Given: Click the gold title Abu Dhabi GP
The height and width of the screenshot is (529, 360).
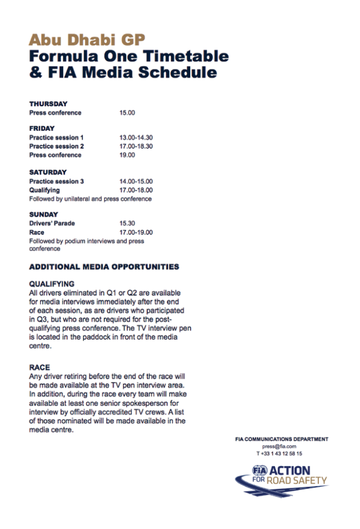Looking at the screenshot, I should coord(87,39).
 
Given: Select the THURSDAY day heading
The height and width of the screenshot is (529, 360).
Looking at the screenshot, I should coord(48,104).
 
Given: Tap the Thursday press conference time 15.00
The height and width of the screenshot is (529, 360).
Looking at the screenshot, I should coord(127,113).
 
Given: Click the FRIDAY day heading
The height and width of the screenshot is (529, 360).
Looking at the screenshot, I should coord(42,129).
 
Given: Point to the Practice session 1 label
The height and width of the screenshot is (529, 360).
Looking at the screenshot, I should coord(57,138).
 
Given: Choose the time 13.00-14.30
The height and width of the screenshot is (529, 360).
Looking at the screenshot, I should coord(136,138).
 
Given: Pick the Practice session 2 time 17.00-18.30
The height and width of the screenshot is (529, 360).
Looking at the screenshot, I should coord(136,146).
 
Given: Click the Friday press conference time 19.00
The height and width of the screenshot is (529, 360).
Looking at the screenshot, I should coord(127,155).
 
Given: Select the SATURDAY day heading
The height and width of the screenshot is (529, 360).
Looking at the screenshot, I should coord(48,172).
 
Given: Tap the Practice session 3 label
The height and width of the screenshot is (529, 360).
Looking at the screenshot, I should coord(57,181).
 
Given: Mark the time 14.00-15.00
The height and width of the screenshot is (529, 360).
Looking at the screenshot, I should coord(136,181).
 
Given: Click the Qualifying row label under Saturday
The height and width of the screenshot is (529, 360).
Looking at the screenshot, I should coord(44,190).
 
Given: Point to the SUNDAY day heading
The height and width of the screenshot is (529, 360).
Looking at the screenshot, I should coord(44,214).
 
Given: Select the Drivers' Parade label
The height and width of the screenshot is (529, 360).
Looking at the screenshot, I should coord(52,224).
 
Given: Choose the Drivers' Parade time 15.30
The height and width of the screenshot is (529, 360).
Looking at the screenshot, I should coord(127,224).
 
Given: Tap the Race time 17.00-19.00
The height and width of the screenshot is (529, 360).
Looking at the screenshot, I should coord(136,233).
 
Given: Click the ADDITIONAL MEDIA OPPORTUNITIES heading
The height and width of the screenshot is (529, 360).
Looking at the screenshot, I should coord(104,267).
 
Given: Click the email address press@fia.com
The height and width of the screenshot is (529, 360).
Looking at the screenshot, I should coord(279,446).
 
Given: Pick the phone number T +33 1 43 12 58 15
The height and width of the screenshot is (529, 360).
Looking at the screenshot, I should coord(279,453).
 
